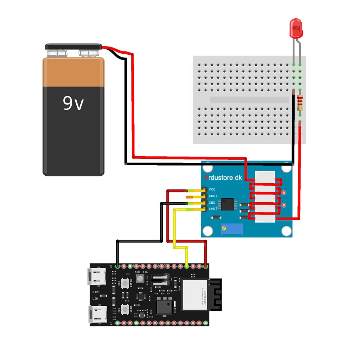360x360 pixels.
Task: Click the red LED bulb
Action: point(297,28)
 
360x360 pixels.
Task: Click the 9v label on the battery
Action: point(73,103)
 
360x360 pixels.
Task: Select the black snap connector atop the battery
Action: point(73,47)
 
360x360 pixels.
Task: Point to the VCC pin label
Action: point(213,189)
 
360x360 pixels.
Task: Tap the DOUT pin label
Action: point(213,196)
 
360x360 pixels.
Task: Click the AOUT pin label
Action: point(213,209)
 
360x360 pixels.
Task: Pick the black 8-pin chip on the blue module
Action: point(228,204)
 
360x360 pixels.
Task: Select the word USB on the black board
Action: point(95,298)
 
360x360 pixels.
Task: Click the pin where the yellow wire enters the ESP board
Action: point(186,266)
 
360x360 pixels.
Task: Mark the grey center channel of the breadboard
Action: point(249,100)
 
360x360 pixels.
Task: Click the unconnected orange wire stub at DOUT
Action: point(191,197)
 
